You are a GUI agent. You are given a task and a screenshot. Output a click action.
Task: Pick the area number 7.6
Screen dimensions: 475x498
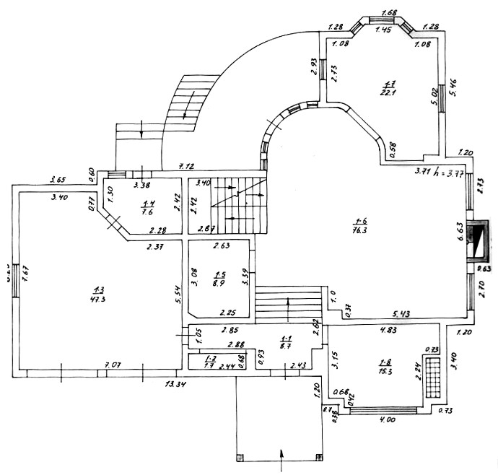[149, 212]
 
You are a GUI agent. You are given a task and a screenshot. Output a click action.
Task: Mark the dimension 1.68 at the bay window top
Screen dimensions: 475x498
[389, 12]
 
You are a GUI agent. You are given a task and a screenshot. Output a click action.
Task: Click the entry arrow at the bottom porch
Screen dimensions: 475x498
[281, 455]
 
